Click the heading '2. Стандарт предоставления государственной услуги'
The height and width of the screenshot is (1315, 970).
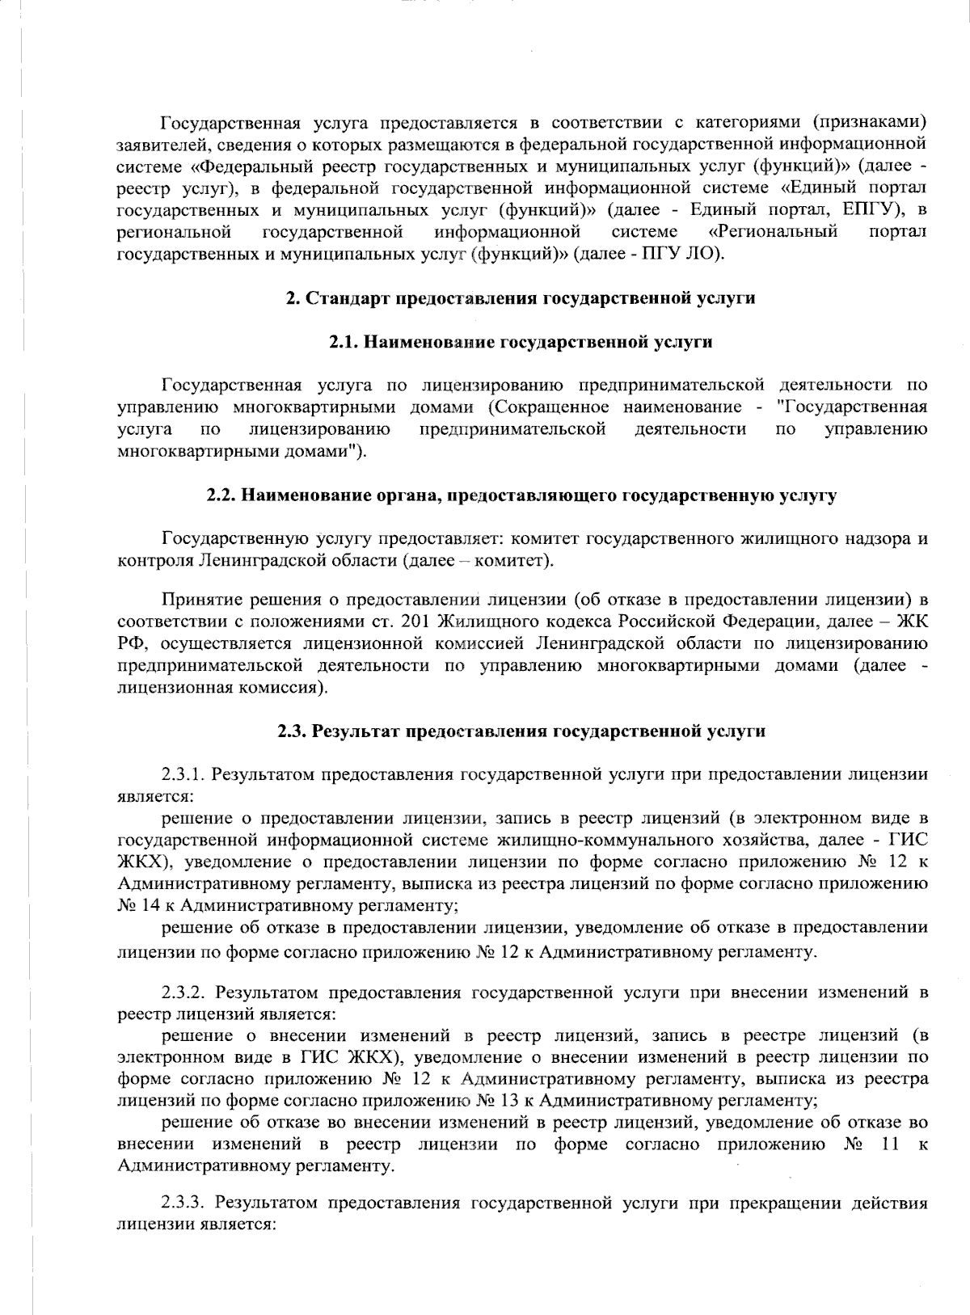tap(521, 299)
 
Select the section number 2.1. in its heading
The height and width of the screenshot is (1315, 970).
tap(344, 343)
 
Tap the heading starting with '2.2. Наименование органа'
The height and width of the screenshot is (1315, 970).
tap(521, 495)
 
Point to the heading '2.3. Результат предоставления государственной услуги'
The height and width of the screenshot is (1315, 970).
tap(521, 731)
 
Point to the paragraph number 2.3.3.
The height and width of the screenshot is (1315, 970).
tap(188, 1203)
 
